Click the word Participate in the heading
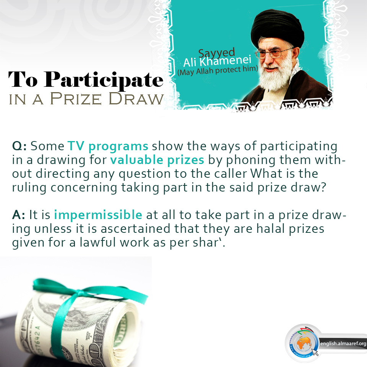[104, 80]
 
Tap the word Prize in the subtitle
[76, 99]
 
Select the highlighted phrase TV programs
[108, 146]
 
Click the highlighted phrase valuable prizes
[157, 160]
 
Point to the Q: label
[19, 146]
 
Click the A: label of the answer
[18, 215]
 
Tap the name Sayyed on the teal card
[216, 53]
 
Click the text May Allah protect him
[218, 70]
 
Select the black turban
[278, 28]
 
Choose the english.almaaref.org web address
[343, 344]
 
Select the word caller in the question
[231, 174]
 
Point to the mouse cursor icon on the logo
[315, 352]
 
